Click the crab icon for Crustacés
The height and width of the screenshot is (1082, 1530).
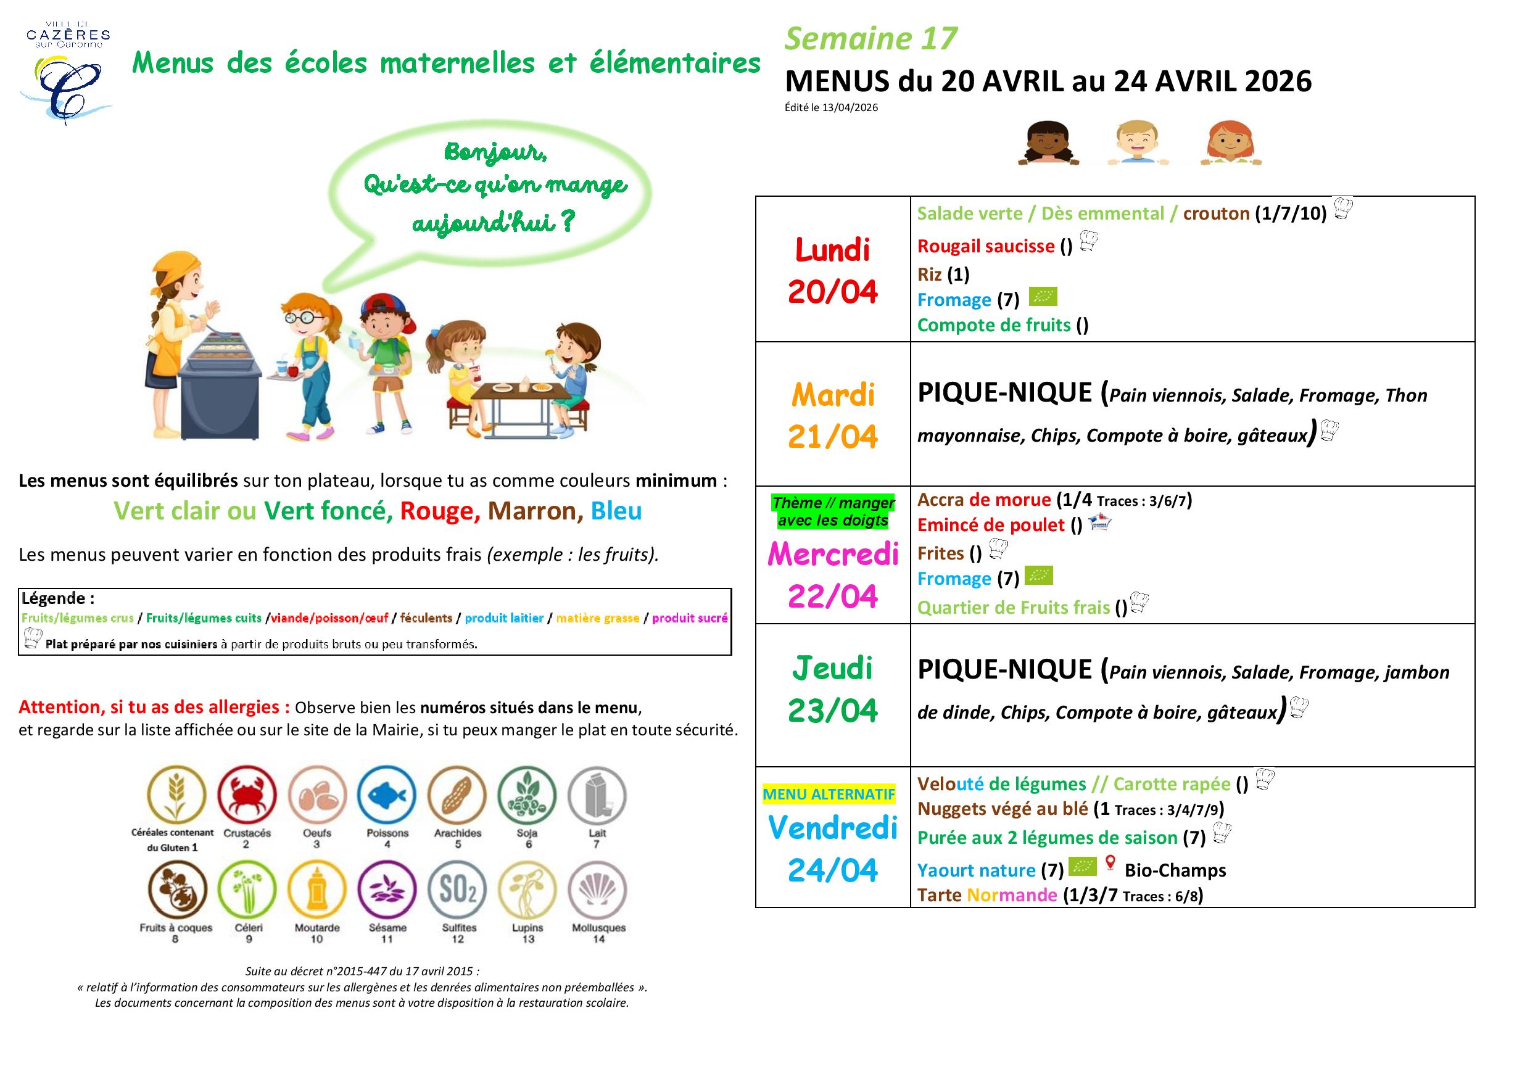tap(247, 795)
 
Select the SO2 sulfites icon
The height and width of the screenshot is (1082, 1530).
tap(457, 890)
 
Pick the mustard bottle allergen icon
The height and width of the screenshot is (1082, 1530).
tap(317, 890)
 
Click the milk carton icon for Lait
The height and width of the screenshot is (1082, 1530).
tap(597, 795)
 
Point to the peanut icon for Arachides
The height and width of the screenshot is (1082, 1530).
tap(457, 795)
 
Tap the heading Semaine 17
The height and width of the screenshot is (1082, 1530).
tap(870, 39)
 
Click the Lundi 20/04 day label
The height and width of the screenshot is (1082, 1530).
tap(832, 270)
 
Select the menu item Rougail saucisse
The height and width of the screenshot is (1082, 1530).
tap(986, 247)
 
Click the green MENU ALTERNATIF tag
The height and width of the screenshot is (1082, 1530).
tap(829, 794)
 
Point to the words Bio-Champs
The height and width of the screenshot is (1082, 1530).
tap(1175, 870)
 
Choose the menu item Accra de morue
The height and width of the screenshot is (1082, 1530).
tap(983, 500)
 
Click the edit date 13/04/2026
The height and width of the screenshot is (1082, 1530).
tap(850, 108)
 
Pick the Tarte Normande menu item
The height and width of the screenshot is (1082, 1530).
tap(987, 896)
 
